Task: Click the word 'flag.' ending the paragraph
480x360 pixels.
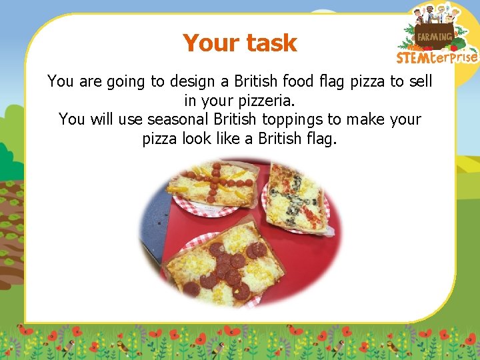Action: [x=320, y=139]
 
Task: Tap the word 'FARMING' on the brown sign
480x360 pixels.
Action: [x=435, y=36]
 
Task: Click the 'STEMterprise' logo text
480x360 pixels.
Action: [x=437, y=57]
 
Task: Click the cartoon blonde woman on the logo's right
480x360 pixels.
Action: [x=456, y=15]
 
